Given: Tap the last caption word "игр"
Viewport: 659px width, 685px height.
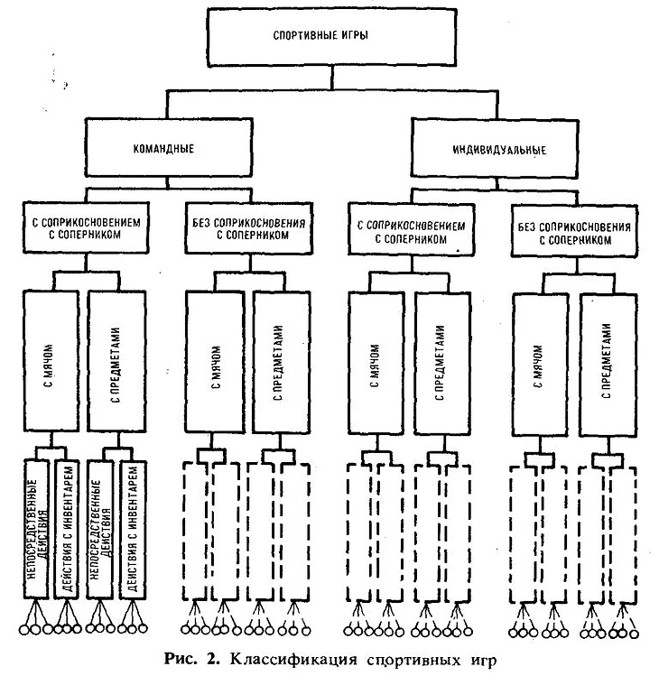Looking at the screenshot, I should [x=481, y=660].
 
